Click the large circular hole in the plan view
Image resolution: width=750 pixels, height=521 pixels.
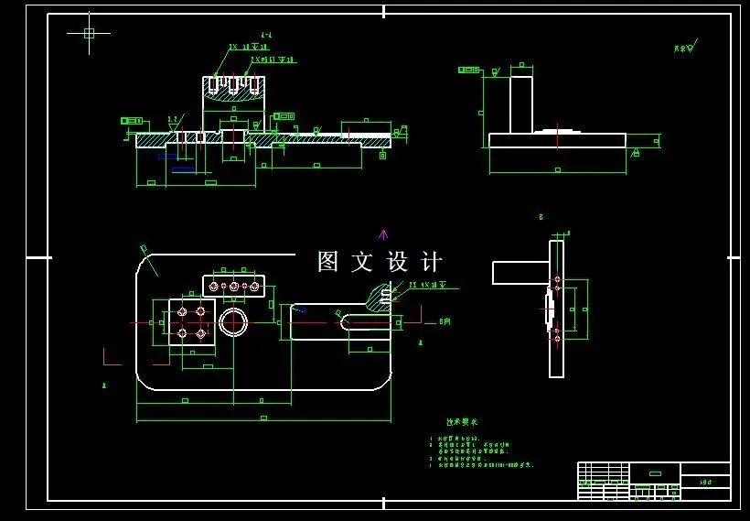pyautogui.click(x=233, y=321)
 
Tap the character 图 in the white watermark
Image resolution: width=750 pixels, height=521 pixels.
pyautogui.click(x=328, y=262)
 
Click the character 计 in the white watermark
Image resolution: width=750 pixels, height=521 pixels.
pyautogui.click(x=432, y=262)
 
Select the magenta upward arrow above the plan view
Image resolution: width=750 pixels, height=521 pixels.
pyautogui.click(x=383, y=234)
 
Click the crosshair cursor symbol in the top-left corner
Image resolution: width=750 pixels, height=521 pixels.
pyautogui.click(x=89, y=33)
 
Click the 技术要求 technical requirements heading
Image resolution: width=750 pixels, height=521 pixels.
pyautogui.click(x=461, y=422)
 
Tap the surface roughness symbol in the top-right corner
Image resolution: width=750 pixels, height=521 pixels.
pyautogui.click(x=686, y=47)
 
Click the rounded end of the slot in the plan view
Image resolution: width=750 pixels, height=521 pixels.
pyautogui.click(x=345, y=321)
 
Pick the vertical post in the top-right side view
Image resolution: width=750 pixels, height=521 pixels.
pyautogui.click(x=520, y=104)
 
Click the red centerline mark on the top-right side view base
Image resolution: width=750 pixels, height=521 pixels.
pyautogui.click(x=557, y=132)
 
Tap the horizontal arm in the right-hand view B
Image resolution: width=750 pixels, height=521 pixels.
pyautogui.click(x=520, y=273)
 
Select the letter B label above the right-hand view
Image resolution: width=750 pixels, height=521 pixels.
pyautogui.click(x=541, y=217)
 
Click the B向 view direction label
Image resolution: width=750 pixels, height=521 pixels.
pyautogui.click(x=445, y=321)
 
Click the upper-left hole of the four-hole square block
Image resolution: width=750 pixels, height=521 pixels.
pyautogui.click(x=182, y=311)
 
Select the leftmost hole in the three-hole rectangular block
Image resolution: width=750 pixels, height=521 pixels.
pyautogui.click(x=214, y=287)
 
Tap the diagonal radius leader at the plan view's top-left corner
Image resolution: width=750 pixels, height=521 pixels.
pyautogui.click(x=148, y=260)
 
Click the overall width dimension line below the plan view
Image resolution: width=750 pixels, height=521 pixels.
pyautogui.click(x=263, y=420)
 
